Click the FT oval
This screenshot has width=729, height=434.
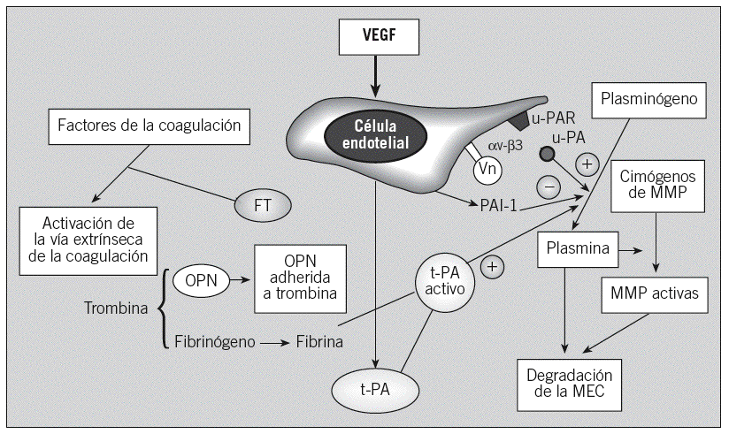pyautogui.click(x=263, y=207)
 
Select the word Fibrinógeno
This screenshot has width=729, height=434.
pyautogui.click(x=214, y=341)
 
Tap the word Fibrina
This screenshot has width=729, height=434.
pyautogui.click(x=318, y=341)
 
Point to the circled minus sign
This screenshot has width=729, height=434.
pyautogui.click(x=548, y=185)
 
